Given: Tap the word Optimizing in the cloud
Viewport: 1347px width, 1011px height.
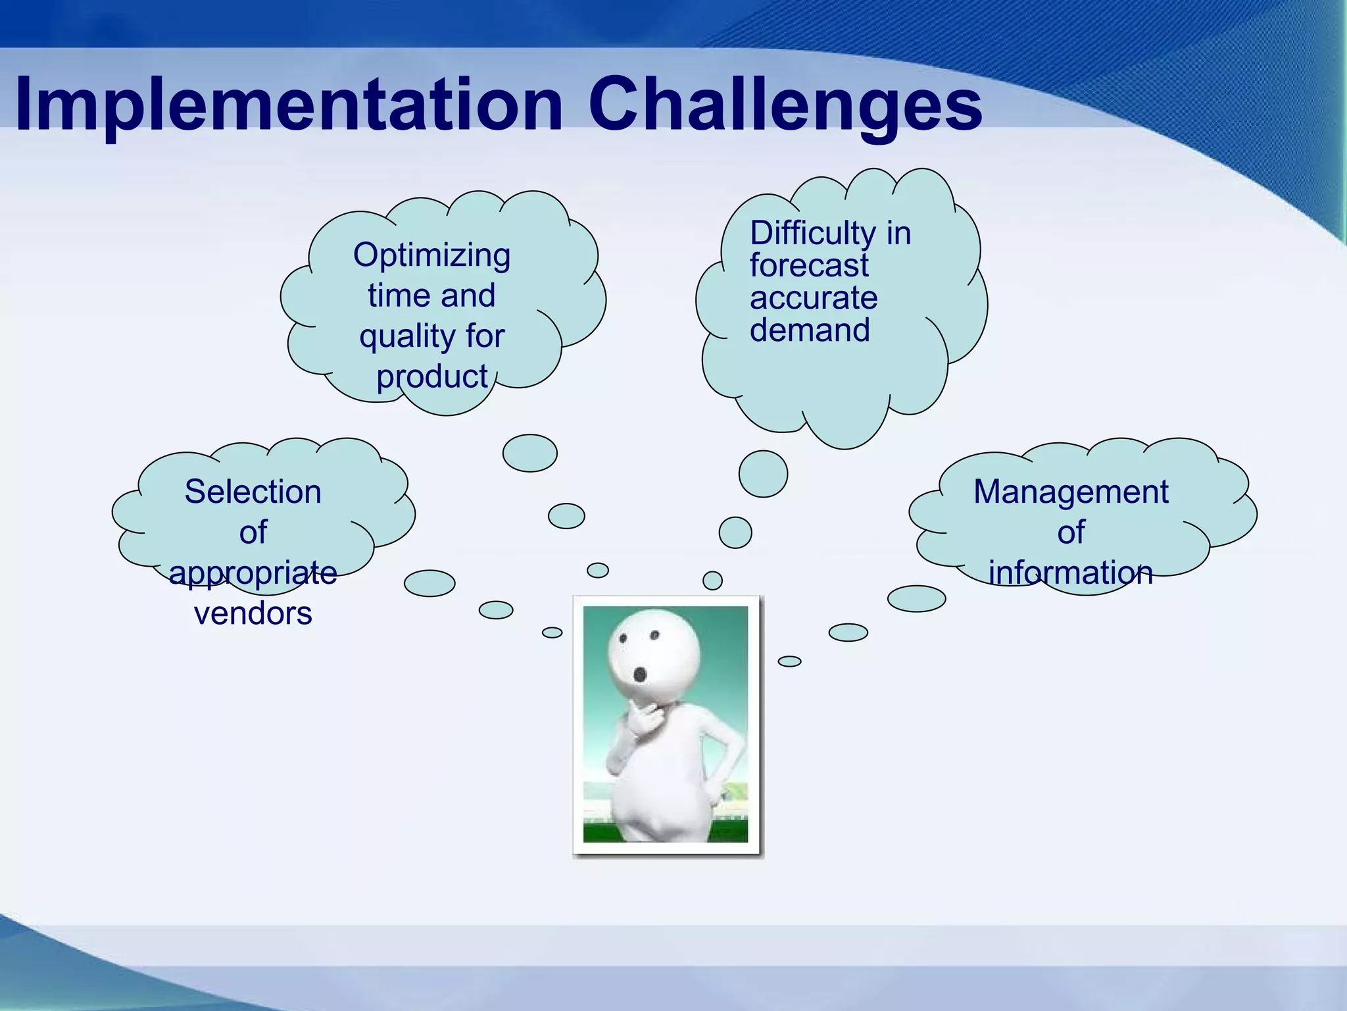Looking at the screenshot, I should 431,255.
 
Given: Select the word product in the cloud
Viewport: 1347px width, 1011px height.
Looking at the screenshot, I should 431,377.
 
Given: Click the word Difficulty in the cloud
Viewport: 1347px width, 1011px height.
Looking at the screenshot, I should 812,233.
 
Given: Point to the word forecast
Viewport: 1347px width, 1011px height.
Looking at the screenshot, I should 809,266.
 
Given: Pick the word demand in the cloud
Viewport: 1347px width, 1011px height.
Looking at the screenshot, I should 810,330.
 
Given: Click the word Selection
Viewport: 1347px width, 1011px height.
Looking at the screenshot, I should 253,492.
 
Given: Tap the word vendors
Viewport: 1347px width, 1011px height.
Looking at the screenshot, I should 253,613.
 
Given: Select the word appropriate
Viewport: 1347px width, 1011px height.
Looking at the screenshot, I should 253,573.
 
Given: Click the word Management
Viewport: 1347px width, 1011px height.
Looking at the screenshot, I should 1071,492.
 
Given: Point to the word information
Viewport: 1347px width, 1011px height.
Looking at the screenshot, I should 1071,573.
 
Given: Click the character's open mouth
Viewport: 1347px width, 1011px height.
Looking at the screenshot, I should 639,674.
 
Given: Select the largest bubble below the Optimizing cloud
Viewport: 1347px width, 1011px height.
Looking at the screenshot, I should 529,453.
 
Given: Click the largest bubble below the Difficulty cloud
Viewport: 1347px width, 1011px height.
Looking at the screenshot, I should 763,474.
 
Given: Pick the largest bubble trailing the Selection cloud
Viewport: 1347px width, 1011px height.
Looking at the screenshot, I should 429,583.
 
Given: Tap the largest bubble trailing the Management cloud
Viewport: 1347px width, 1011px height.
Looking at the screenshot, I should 916,598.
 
